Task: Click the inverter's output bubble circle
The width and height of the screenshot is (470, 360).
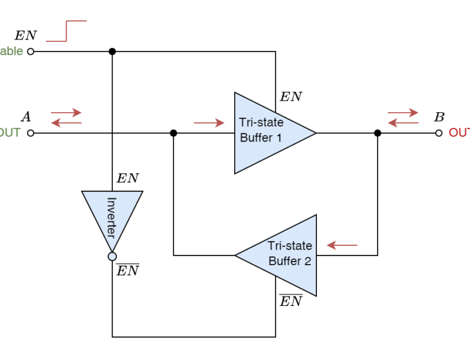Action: (112, 257)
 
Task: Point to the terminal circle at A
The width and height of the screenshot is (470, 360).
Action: (31, 133)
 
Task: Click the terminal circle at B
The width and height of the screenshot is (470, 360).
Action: (439, 133)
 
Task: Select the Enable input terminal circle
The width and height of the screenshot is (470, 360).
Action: (31, 52)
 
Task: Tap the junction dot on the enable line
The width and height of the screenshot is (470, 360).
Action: (112, 52)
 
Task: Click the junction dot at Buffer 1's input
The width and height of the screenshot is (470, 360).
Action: (173, 133)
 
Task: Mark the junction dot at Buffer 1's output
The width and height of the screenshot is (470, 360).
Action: (378, 133)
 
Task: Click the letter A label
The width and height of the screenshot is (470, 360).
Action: (26, 116)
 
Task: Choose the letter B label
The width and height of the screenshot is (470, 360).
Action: (439, 116)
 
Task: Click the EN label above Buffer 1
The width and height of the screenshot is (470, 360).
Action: (291, 97)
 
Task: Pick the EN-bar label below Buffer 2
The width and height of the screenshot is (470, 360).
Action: (291, 301)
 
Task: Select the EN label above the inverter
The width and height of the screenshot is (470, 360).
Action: (128, 178)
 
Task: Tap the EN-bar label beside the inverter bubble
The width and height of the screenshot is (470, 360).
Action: (128, 270)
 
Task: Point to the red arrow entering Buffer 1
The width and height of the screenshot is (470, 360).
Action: (209, 124)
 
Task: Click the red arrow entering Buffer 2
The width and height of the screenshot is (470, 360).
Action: (342, 245)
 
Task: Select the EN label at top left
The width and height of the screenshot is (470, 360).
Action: (25, 35)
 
